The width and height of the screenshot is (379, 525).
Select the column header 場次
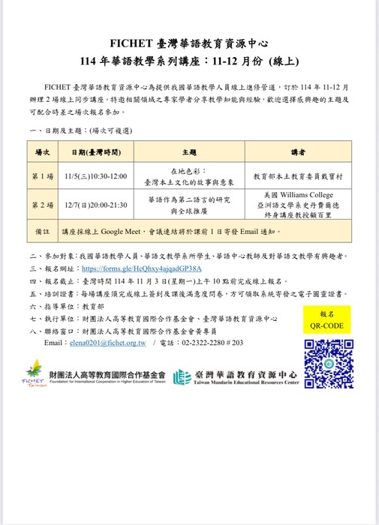42,152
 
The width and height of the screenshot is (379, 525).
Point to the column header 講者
298,152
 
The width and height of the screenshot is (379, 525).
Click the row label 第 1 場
42,176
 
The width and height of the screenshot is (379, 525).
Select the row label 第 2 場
42,204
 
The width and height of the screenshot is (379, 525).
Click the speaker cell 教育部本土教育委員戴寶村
298,176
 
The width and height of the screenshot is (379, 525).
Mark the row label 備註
42,232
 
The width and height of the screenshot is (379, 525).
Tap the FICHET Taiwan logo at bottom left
33,373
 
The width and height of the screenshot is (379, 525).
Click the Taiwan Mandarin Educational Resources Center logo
236,377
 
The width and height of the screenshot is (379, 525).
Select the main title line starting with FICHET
189,43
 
